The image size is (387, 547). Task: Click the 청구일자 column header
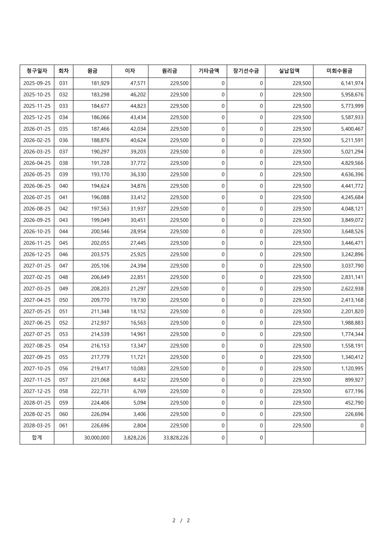pyautogui.click(x=37, y=71)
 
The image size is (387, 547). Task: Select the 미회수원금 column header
pyautogui.click(x=339, y=71)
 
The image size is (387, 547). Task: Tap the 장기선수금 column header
pyautogui.click(x=246, y=71)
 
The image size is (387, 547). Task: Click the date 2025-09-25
pyautogui.click(x=37, y=83)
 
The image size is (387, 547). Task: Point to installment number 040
pyautogui.click(x=63, y=186)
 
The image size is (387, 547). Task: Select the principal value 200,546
pyautogui.click(x=100, y=231)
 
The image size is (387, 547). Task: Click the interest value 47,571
pyautogui.click(x=138, y=83)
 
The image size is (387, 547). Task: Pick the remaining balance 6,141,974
pyautogui.click(x=352, y=83)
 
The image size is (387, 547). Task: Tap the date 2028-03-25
pyautogui.click(x=37, y=426)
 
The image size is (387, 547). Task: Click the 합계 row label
pyautogui.click(x=37, y=438)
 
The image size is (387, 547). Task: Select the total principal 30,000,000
pyautogui.click(x=97, y=438)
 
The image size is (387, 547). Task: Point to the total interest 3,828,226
pyautogui.click(x=134, y=438)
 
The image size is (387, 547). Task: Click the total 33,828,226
pyautogui.click(x=176, y=438)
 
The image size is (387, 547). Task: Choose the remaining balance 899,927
pyautogui.click(x=354, y=380)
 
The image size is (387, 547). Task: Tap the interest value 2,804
pyautogui.click(x=139, y=426)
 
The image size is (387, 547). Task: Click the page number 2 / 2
pyautogui.click(x=181, y=520)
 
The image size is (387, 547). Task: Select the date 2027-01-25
pyautogui.click(x=37, y=266)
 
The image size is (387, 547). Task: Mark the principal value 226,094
pyautogui.click(x=100, y=414)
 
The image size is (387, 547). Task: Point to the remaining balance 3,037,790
pyautogui.click(x=352, y=266)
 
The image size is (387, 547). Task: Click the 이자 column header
pyautogui.click(x=130, y=71)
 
